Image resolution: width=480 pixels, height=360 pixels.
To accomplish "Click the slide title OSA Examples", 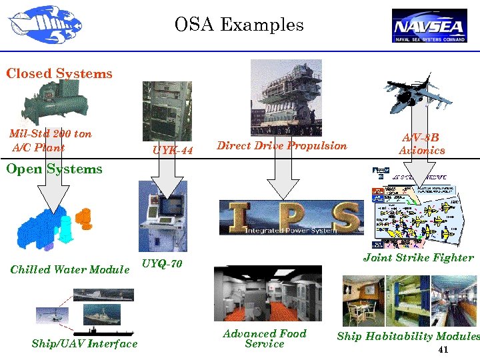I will point(239,25).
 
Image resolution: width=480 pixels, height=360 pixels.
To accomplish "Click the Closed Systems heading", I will point(59,74).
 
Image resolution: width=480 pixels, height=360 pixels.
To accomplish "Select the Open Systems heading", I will point(54,169).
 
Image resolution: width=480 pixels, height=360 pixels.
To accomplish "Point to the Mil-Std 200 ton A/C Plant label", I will point(50,141).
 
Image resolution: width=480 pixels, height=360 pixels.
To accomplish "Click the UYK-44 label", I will point(172,151).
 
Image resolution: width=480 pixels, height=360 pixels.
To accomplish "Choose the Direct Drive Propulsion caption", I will point(282,145).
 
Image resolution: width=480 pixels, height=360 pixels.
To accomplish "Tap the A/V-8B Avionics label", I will point(421,144).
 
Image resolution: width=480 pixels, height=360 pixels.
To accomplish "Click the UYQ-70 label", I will point(162,264).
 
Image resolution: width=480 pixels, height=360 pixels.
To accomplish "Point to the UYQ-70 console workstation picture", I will point(163,216).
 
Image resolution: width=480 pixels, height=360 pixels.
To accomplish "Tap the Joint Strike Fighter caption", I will point(418,258).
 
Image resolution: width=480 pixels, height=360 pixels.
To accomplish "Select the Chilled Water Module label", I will point(70,269).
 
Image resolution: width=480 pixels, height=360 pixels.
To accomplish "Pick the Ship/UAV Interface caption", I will point(85,344).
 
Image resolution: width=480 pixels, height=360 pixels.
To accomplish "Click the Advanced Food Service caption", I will point(265,339).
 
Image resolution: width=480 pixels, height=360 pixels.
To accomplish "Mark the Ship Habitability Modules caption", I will point(408,337).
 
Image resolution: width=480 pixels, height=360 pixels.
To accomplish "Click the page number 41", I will point(445,351).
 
